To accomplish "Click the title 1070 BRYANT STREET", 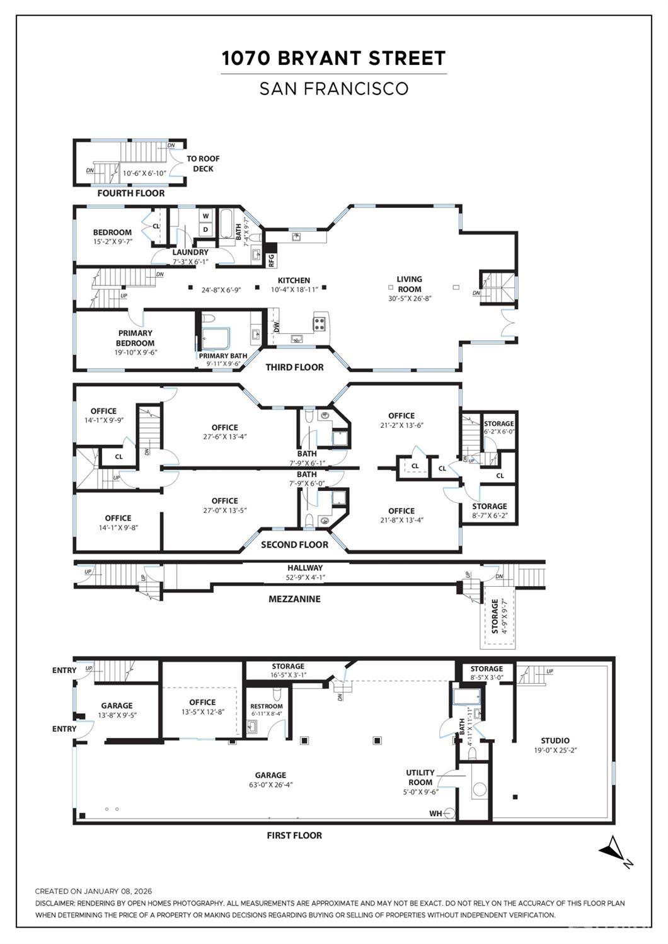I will pyautogui.click(x=333, y=59).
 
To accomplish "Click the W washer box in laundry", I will pyautogui.click(x=205, y=216).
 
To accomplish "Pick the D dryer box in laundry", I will pyautogui.click(x=205, y=229).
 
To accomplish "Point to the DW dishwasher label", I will pyautogui.click(x=276, y=326).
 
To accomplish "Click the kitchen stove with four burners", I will pyautogui.click(x=320, y=324).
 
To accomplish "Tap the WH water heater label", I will pyautogui.click(x=435, y=813).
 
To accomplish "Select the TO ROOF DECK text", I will pyautogui.click(x=203, y=164).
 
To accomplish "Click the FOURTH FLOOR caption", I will pyautogui.click(x=130, y=193).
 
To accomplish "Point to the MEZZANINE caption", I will pyautogui.click(x=294, y=599).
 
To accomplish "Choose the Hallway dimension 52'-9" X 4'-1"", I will pyautogui.click(x=305, y=577).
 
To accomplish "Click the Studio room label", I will pyautogui.click(x=555, y=740).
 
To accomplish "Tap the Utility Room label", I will pyautogui.click(x=420, y=777).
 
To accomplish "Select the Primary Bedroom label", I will pyautogui.click(x=135, y=338).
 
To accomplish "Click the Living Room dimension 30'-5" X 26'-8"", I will pyautogui.click(x=410, y=299).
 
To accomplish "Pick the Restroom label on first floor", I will pyautogui.click(x=267, y=706).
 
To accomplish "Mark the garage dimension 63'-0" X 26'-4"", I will pyautogui.click(x=270, y=785).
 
